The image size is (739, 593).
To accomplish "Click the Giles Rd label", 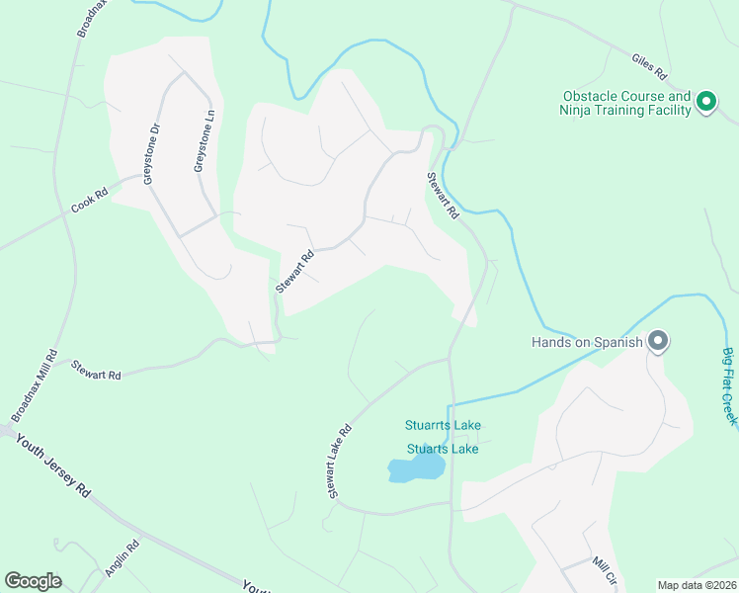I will [x=650, y=66].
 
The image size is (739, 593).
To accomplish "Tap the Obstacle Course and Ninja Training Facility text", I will [x=626, y=104].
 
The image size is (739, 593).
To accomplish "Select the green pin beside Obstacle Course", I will [x=706, y=101].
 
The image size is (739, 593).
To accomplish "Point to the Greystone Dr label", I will [x=151, y=153].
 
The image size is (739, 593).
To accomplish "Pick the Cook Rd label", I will [x=89, y=203].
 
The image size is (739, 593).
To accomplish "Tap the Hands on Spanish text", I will [x=587, y=343].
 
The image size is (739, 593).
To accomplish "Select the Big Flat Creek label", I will [x=729, y=386].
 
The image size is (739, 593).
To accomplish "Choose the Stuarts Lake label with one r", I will [x=443, y=449].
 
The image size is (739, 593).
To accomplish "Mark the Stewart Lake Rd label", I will [x=340, y=461].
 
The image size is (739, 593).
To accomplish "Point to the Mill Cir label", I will [x=603, y=571].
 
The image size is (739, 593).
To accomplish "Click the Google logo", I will [x=33, y=581].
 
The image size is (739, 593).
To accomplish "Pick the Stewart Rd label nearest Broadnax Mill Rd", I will [x=96, y=370].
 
